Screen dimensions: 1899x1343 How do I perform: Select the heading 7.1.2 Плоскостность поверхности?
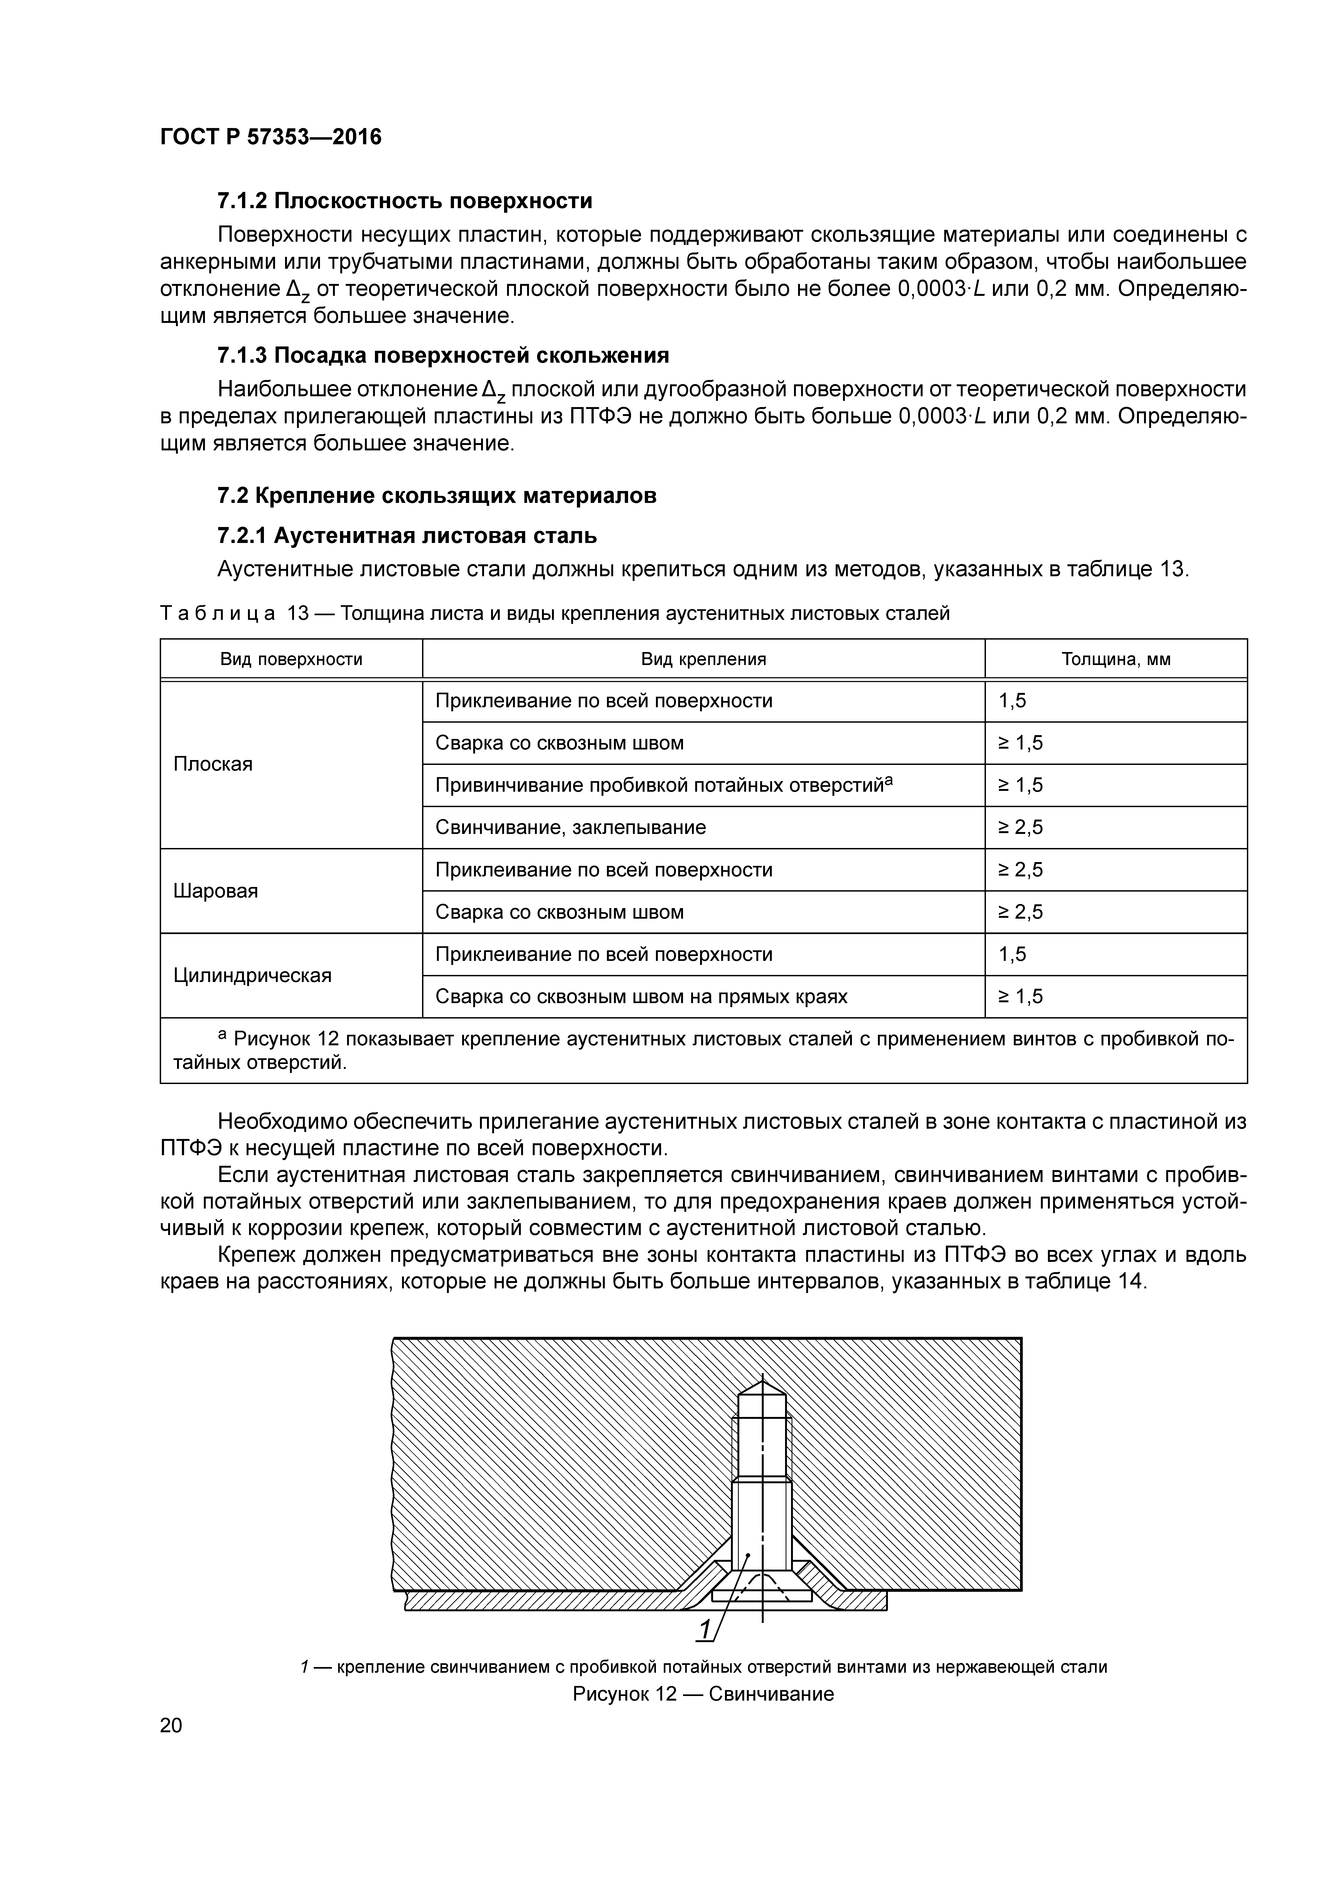tap(405, 201)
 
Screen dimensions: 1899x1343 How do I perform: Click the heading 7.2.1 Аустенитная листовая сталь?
tap(406, 536)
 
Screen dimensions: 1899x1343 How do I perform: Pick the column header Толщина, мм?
tap(1115, 659)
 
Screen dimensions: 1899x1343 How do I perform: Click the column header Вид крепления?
tap(703, 659)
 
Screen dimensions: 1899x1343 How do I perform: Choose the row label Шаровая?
tap(215, 891)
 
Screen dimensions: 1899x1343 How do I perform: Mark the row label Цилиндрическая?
tap(252, 975)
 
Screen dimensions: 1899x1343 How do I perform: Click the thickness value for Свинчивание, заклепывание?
tap(1020, 827)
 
